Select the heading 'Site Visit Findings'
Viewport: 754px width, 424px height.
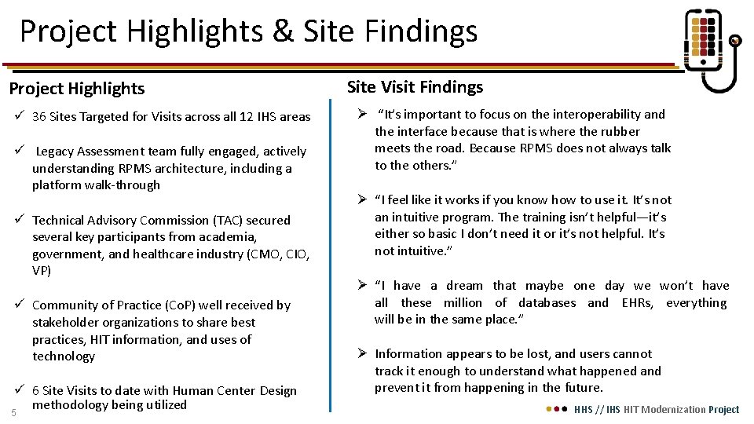point(415,87)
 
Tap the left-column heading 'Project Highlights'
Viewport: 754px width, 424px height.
point(76,89)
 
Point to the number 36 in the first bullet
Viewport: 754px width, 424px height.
point(38,117)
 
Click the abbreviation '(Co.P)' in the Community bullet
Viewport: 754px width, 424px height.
point(186,305)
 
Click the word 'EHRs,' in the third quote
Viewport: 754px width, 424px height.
point(637,303)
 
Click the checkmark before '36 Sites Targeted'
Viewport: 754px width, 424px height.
point(18,117)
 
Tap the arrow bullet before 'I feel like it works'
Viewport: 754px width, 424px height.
point(363,200)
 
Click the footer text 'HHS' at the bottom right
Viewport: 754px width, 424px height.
point(584,409)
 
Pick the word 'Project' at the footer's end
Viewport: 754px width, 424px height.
point(723,409)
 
